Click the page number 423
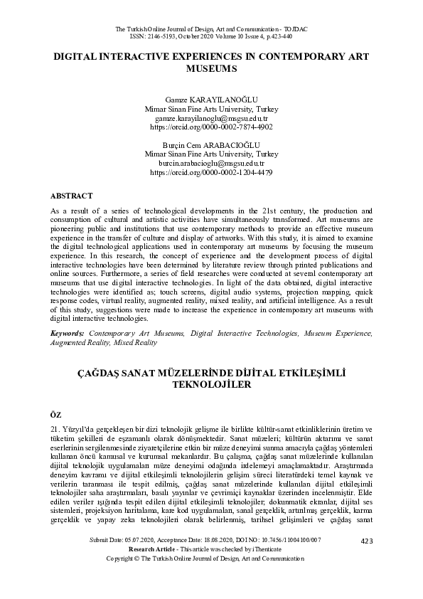pos(367,561)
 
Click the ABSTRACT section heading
pos(72,194)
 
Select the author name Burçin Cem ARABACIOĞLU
pos(211,144)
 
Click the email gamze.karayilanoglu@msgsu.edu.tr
pos(211,119)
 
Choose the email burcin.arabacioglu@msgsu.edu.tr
pos(211,162)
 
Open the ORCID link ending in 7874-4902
pos(211,127)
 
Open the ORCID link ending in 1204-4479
pos(211,171)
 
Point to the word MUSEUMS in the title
pos(211,70)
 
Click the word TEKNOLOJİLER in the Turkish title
pos(211,385)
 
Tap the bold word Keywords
pos(68,333)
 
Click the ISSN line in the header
pos(211,36)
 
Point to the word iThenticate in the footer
pos(265,570)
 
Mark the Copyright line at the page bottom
pos(211,579)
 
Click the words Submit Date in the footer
pos(107,561)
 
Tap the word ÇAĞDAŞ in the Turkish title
pos(99,371)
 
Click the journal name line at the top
pos(211,28)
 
